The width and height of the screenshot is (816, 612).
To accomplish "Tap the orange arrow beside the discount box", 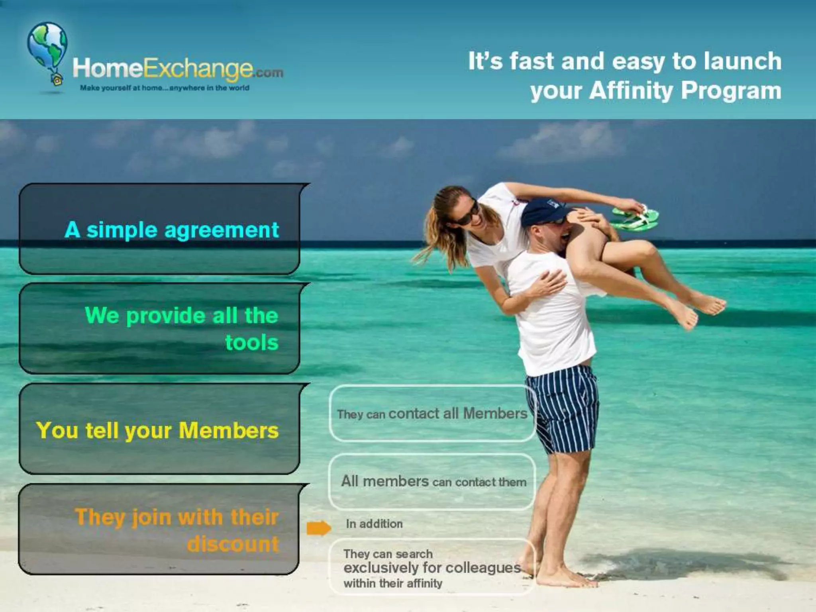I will pos(319,528).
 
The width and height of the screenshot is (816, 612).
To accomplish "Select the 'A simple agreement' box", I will pos(159,229).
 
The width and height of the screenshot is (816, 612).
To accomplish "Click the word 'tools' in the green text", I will pos(252,343).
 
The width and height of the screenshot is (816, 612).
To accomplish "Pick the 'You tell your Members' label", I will pos(157,430).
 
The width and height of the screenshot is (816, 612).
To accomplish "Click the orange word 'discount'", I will pos(233,544).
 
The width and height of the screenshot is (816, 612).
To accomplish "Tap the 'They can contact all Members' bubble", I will pos(432,414).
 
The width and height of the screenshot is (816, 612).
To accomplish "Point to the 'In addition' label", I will pos(374,524).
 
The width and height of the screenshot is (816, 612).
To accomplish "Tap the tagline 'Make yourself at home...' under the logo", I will pos(165,88).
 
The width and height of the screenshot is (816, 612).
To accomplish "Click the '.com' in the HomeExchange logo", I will pos(268,73).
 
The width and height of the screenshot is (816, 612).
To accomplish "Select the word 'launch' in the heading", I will pos(743,61).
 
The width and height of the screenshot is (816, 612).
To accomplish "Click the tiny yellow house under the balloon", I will pos(57,80).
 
